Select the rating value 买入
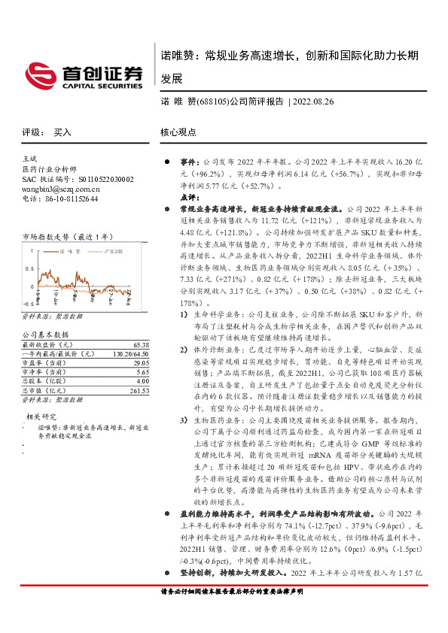pyautogui.click(x=62, y=132)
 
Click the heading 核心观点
pyautogui.click(x=178, y=132)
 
